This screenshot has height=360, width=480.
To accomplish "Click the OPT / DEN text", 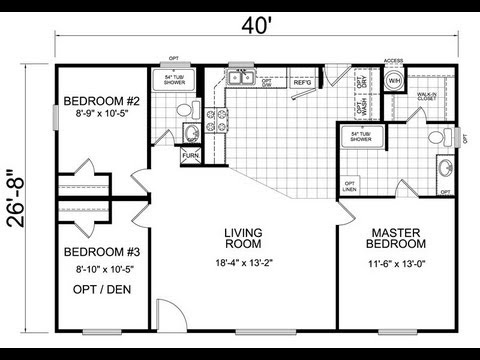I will pyautogui.click(x=100, y=291).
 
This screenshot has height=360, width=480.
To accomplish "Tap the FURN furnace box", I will pyautogui.click(x=191, y=157).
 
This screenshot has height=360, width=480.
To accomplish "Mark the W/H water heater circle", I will pyautogui.click(x=394, y=80).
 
